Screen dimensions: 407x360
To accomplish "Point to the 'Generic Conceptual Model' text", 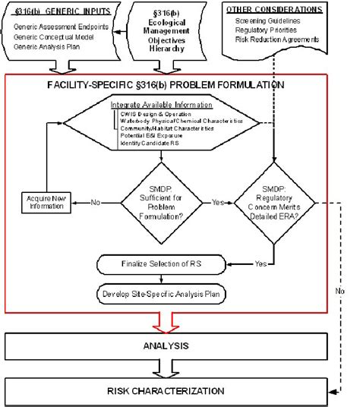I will coord(57,36).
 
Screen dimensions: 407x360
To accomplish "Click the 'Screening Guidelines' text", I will coord(272,21).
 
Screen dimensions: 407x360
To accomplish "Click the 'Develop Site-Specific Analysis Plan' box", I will coord(161,294).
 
